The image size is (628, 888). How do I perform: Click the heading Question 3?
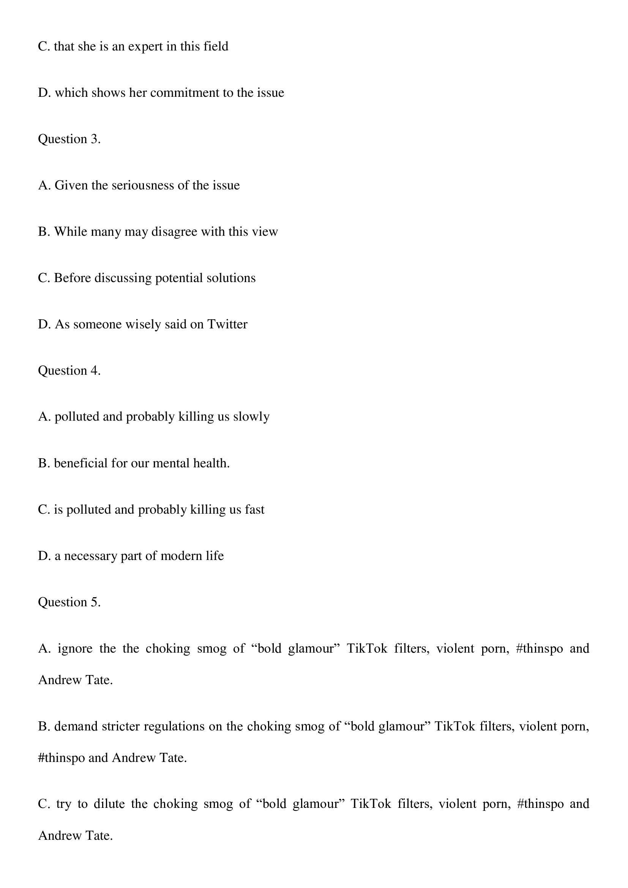coord(69,139)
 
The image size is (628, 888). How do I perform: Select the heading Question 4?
coord(69,371)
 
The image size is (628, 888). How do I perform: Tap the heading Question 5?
coord(69,602)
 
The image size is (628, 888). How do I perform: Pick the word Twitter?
coord(227,324)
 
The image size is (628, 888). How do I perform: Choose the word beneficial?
coord(81,463)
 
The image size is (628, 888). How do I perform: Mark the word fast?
coord(254,509)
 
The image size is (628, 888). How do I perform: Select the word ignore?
coord(75,648)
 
